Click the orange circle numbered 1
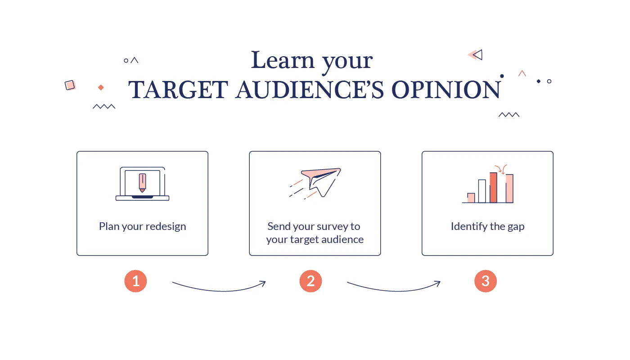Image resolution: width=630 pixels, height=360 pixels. (x=135, y=281)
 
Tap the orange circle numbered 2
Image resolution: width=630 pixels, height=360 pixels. (x=310, y=281)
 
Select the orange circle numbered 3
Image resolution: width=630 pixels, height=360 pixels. (x=485, y=281)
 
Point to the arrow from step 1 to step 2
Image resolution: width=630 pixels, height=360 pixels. (x=219, y=287)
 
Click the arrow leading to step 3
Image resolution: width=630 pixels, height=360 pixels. (x=394, y=287)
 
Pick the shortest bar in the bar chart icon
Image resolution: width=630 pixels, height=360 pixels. (x=471, y=198)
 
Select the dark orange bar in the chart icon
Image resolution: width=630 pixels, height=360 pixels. (x=493, y=188)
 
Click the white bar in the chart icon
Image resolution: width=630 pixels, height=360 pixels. (x=482, y=191)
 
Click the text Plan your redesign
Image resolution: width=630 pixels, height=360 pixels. (x=142, y=226)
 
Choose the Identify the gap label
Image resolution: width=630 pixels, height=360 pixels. (x=487, y=226)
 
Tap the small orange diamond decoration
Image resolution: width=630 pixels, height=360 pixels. (x=101, y=87)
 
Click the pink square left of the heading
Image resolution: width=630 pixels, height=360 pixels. (x=70, y=85)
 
